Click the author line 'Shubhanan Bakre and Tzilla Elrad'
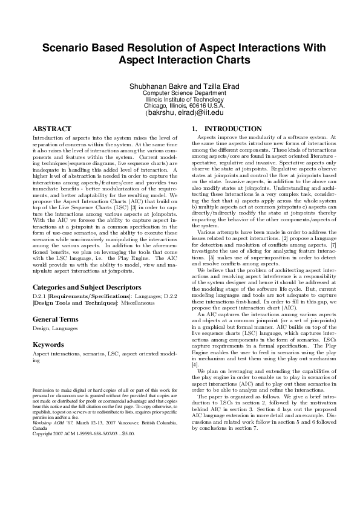point(180,86)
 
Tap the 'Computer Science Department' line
point(180,94)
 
